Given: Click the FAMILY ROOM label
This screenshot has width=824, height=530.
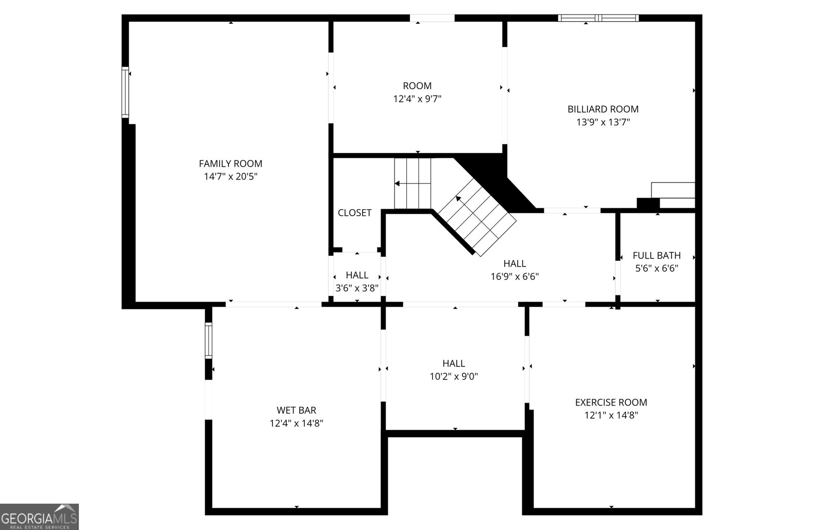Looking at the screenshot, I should [230, 163].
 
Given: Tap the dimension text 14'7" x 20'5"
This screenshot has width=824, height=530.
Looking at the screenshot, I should [230, 177].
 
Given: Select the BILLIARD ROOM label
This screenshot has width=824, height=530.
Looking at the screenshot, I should [603, 109].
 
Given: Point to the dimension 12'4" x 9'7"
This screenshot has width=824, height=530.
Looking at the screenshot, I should [417, 99].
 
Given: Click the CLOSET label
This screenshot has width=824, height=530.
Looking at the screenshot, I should [354, 213].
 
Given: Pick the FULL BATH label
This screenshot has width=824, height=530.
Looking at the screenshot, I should [657, 256].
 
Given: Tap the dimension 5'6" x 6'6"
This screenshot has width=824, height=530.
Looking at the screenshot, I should [657, 269].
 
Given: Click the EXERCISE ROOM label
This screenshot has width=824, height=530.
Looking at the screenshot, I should [611, 403].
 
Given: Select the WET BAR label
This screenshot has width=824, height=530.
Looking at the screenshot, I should [296, 410].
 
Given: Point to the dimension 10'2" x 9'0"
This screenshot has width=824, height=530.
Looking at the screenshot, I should [454, 377].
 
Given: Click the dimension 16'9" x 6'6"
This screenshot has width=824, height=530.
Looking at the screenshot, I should [514, 277].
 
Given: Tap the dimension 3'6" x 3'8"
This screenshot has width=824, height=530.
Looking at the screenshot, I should [357, 288].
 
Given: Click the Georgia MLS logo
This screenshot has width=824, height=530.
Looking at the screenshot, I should [39, 517].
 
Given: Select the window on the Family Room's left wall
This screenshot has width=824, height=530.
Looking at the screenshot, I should [125, 93].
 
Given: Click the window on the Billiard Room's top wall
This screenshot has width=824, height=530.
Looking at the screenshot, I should [598, 18].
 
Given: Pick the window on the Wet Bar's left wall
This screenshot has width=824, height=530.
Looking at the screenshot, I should [208, 340].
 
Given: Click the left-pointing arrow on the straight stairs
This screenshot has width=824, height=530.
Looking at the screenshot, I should [399, 183].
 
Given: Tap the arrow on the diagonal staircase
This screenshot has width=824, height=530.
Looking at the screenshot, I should [458, 198].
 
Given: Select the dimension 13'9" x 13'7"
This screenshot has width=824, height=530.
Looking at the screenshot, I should [603, 123].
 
